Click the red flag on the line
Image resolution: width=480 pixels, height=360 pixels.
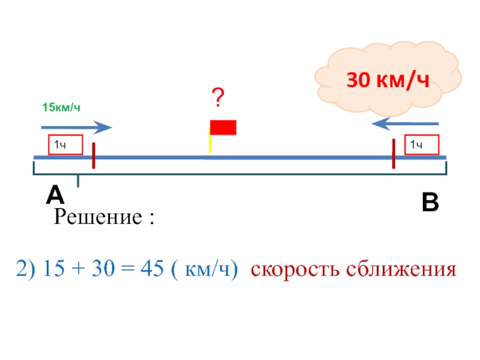223,127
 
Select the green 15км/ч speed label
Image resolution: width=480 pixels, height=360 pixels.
61,107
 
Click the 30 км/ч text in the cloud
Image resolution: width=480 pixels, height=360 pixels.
389,80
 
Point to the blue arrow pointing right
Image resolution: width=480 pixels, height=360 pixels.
76,127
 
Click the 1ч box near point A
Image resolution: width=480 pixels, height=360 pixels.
65,145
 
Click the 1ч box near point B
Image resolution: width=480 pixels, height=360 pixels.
422,145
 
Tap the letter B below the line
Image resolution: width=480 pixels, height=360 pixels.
430,204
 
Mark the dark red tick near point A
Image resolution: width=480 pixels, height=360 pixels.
94,155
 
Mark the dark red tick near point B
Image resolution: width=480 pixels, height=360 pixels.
393,154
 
